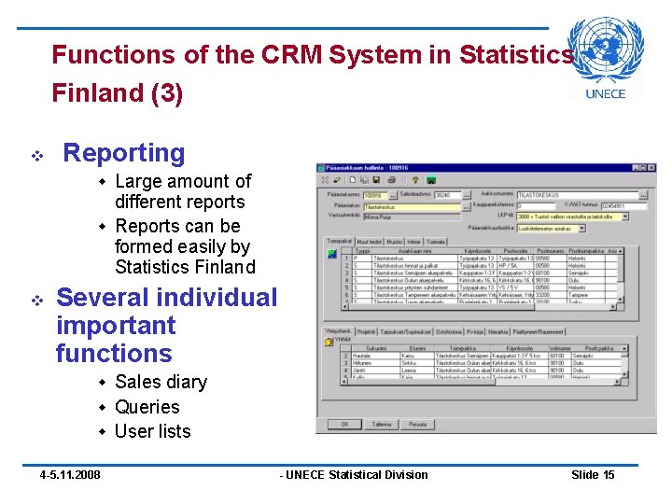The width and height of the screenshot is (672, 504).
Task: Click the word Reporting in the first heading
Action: point(123,153)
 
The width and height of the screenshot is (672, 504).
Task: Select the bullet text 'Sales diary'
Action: point(161,382)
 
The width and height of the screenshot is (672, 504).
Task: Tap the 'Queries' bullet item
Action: point(147,407)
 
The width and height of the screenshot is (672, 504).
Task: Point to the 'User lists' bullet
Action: point(152,431)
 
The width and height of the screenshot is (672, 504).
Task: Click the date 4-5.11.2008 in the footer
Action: point(70,475)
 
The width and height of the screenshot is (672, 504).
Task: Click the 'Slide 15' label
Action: point(593,475)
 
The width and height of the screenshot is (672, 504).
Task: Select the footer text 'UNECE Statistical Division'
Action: point(356,475)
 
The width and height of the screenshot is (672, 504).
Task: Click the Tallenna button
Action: point(382,424)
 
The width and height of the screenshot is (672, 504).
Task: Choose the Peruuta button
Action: point(418,424)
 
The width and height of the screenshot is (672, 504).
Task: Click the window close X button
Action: point(650,168)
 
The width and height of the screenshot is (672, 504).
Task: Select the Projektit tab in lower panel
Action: point(366,331)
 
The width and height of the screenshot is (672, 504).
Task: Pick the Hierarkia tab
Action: point(499,331)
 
